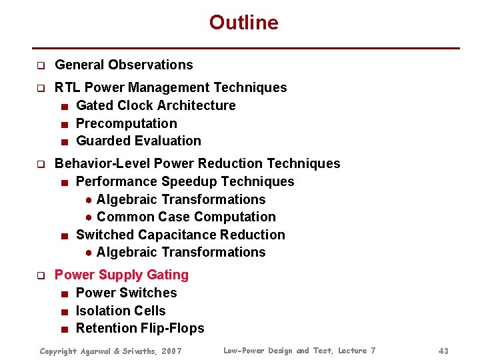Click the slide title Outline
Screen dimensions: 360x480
click(243, 23)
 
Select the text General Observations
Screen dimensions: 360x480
click(123, 65)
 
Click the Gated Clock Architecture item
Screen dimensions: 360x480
click(155, 105)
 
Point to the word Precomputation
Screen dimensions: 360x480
click(126, 123)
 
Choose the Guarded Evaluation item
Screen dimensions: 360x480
click(138, 141)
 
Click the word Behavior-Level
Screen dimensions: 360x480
click(102, 163)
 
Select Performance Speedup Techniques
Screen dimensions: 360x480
click(185, 181)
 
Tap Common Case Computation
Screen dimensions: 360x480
click(185, 217)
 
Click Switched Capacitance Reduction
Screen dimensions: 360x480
click(180, 235)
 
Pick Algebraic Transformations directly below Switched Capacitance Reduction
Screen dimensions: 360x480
click(181, 252)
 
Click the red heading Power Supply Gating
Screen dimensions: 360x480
click(121, 275)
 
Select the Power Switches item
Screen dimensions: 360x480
click(126, 293)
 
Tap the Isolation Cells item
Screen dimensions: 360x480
click(121, 311)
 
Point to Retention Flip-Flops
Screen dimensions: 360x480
click(140, 328)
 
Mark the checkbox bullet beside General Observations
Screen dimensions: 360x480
click(40, 65)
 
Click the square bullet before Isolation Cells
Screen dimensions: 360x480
click(63, 311)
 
